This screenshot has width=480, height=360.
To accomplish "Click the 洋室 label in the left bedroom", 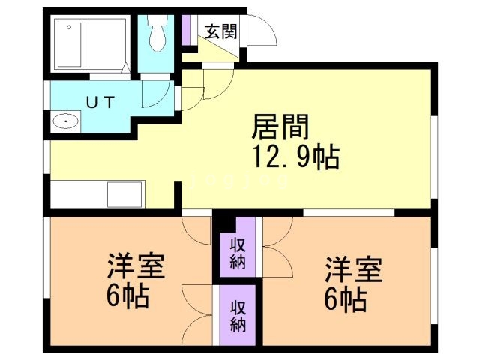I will click(x=136, y=266).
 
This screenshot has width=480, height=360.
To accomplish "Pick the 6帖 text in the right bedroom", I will click(x=346, y=298).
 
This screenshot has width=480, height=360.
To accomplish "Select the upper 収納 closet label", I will click(x=238, y=253).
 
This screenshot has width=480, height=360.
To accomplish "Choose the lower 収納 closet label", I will click(x=238, y=316).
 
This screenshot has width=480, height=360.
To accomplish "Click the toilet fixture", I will click(x=159, y=34).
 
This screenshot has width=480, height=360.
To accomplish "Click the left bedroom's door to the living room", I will click(x=197, y=229).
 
